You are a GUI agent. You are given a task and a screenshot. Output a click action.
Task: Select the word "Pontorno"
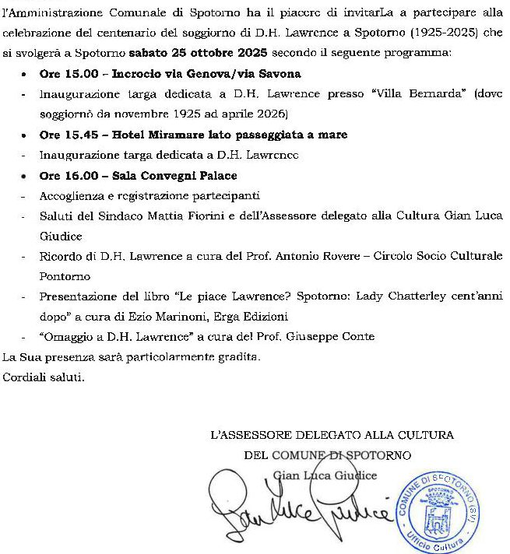point(65,275)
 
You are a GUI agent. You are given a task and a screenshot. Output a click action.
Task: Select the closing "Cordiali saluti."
point(43,377)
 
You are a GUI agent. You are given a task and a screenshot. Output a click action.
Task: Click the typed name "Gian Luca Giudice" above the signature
point(325,475)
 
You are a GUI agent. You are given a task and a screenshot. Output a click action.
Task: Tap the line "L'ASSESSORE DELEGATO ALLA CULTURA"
point(332,434)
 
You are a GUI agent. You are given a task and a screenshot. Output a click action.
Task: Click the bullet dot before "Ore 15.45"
point(25,135)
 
